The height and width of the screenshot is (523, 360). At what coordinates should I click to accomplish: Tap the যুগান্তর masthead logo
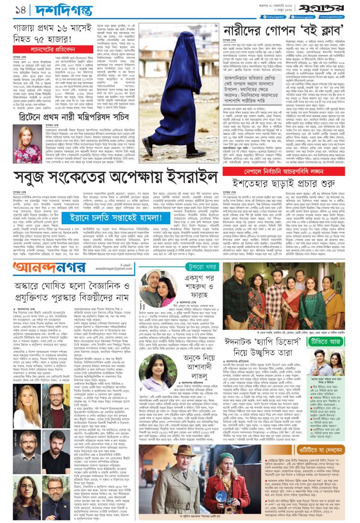click(337, 9)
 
